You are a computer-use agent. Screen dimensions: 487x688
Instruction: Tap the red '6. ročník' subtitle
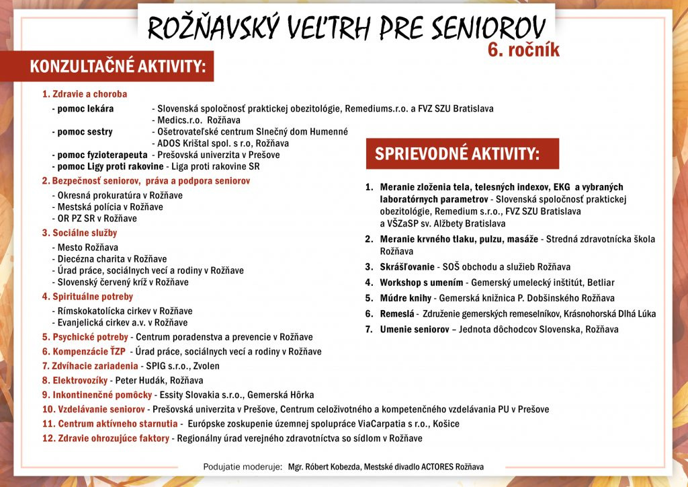pyautogui.click(x=523, y=51)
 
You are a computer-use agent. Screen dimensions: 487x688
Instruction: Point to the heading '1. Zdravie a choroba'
pyautogui.click(x=85, y=94)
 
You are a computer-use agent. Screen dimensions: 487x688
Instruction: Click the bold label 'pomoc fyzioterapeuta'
pyautogui.click(x=102, y=155)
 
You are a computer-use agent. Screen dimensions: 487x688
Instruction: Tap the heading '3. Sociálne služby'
pyautogui.click(x=79, y=233)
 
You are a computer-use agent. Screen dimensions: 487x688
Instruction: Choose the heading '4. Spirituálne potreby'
pyautogui.click(x=87, y=297)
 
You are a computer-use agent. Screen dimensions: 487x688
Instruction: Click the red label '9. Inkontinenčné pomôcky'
pyautogui.click(x=97, y=395)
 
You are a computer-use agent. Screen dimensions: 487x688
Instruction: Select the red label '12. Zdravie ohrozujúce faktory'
pyautogui.click(x=105, y=439)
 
